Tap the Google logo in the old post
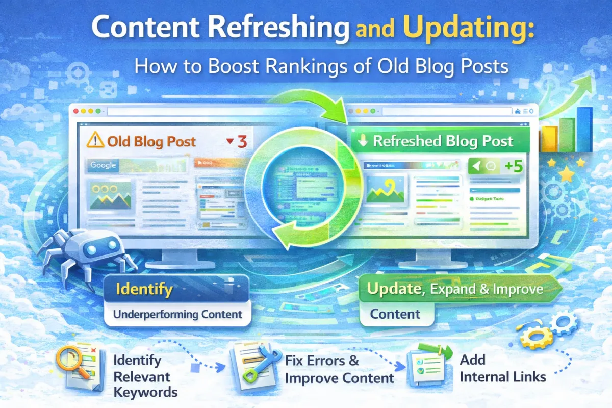tap(104, 165)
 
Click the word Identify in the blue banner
tap(144, 290)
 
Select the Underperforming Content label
tap(177, 314)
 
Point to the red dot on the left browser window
tap(76, 111)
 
